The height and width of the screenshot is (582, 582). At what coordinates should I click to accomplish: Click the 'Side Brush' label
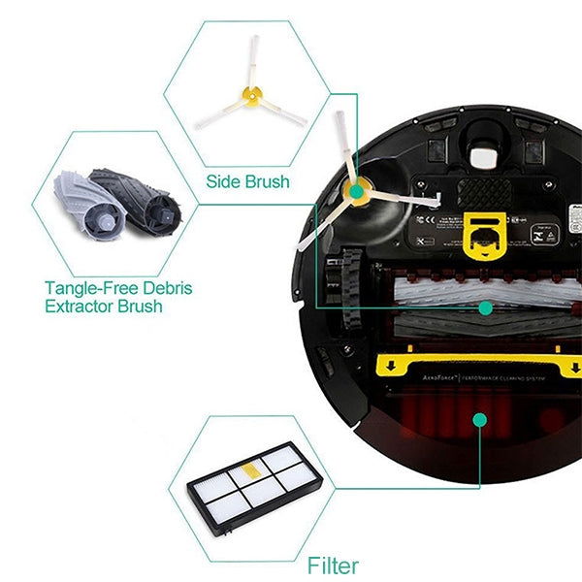click(247, 181)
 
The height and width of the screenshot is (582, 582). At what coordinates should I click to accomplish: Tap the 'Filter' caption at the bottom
click(332, 565)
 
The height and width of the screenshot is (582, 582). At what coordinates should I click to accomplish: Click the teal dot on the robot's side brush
click(356, 193)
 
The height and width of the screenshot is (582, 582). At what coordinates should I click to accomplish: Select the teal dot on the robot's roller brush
click(484, 307)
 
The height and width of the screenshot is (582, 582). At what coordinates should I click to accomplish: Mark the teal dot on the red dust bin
click(476, 419)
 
